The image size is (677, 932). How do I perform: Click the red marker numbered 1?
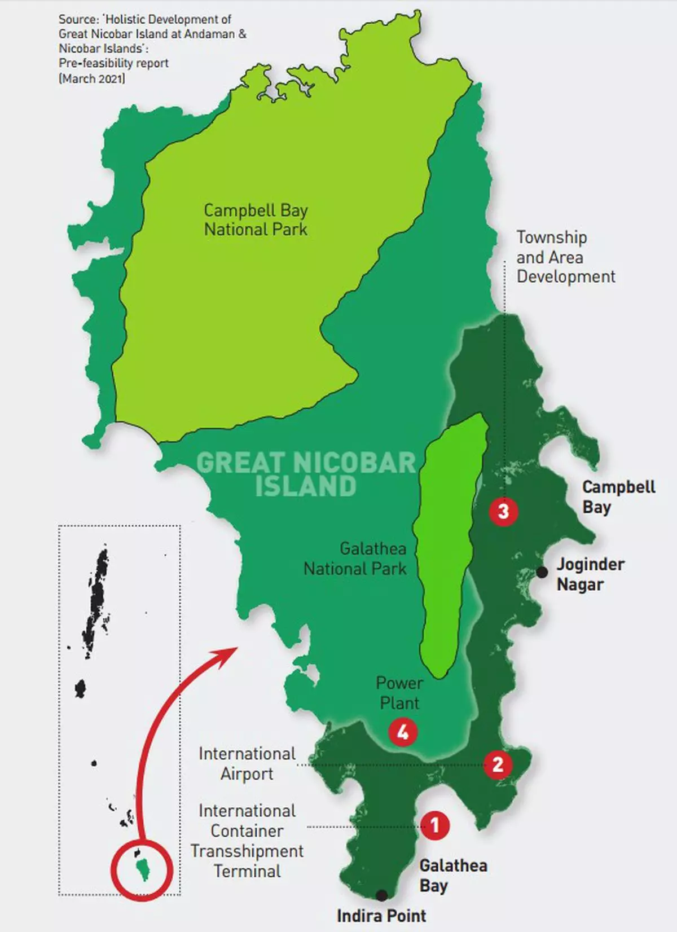pyautogui.click(x=435, y=825)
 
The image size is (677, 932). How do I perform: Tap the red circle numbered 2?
pyautogui.click(x=498, y=764)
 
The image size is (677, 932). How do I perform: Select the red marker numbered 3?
pyautogui.click(x=503, y=511)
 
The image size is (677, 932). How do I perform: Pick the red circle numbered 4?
pyautogui.click(x=403, y=732)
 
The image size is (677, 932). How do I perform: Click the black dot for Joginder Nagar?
pyautogui.click(x=542, y=572)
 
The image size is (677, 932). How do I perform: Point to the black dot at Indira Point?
pyautogui.click(x=382, y=895)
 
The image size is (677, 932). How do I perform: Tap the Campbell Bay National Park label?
pyautogui.click(x=256, y=220)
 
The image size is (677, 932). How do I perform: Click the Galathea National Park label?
pyautogui.click(x=355, y=559)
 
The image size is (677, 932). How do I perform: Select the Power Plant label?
pyautogui.click(x=399, y=693)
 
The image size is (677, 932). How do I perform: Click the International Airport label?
pyautogui.click(x=247, y=763)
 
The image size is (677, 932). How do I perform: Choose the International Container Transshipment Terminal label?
pyautogui.click(x=247, y=841)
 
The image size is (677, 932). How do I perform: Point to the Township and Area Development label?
pyautogui.click(x=565, y=257)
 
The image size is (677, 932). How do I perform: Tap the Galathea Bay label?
pyautogui.click(x=452, y=875)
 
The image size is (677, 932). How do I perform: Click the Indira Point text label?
pyautogui.click(x=381, y=916)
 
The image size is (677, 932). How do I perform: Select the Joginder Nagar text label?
pyautogui.click(x=590, y=574)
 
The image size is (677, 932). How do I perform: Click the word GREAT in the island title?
pyautogui.click(x=240, y=464)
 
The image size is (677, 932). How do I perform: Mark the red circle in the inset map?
pyautogui.click(x=140, y=868)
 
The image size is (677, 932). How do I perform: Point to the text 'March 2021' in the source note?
pyautogui.click(x=93, y=78)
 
